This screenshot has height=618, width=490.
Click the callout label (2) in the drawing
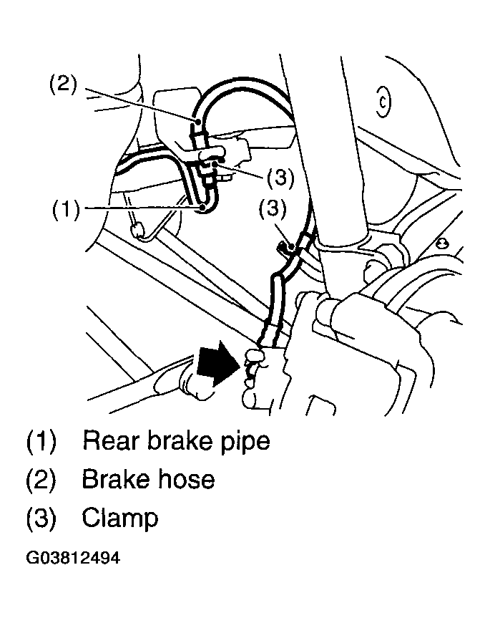[63, 85]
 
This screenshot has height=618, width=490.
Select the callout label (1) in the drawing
[66, 209]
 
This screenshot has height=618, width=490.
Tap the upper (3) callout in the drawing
[280, 178]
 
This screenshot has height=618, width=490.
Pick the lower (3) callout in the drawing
[273, 208]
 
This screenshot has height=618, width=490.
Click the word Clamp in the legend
[120, 518]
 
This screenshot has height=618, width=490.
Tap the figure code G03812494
[73, 558]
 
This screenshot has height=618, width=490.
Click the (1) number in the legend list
[41, 441]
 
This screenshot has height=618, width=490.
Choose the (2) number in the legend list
[41, 480]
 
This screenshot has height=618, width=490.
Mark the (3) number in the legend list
[41, 518]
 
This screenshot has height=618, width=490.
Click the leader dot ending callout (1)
[202, 208]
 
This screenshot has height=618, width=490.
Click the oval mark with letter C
[383, 102]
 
